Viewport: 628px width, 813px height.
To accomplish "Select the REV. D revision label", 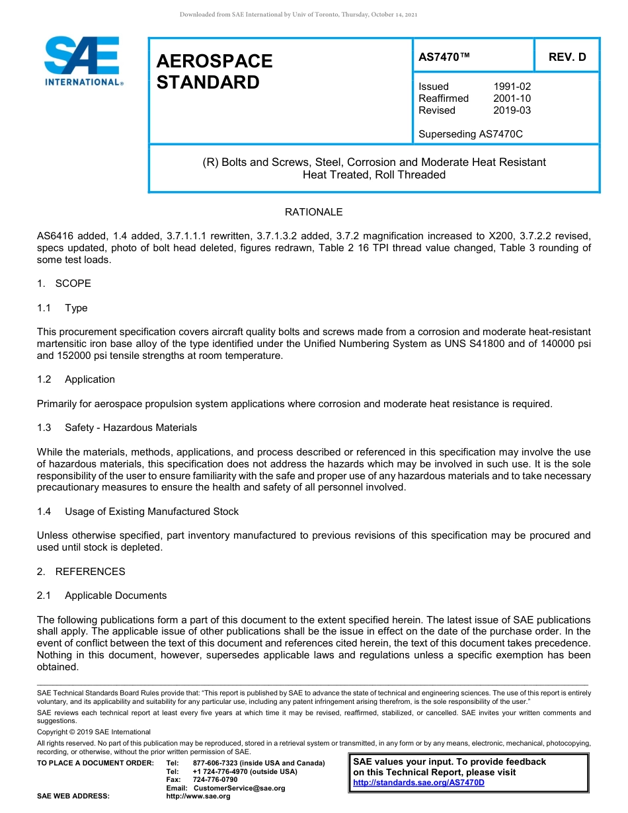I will click(x=567, y=57).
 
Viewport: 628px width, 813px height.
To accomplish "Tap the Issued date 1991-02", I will click(x=512, y=87).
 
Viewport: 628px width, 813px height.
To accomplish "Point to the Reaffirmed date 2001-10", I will click(x=512, y=98).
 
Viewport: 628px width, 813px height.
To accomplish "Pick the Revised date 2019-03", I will click(x=512, y=110).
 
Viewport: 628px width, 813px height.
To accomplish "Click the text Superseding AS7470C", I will click(x=471, y=134).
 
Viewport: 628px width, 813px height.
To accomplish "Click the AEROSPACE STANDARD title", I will click(x=214, y=71).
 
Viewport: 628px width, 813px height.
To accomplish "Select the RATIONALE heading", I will click(x=313, y=212).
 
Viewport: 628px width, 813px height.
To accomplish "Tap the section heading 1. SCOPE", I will click(x=64, y=284).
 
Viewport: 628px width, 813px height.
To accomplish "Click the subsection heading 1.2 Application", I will click(x=76, y=379).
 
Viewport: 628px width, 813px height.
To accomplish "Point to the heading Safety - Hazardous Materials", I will click(x=131, y=428).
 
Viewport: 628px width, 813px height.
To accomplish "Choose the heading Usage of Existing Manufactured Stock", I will click(x=151, y=512).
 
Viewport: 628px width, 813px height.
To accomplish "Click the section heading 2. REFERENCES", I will click(x=81, y=571).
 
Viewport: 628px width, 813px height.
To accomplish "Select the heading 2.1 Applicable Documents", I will click(x=102, y=596).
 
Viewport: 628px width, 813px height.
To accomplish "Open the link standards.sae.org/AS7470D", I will click(x=418, y=783).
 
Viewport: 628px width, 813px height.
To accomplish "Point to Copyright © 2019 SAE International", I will click(x=94, y=732).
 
